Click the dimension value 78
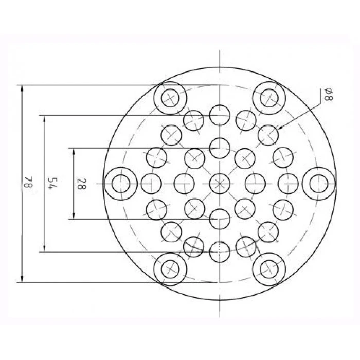[29, 182]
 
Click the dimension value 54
[52, 183]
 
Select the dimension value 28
[81, 184]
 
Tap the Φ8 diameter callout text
[329, 94]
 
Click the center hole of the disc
[220, 184]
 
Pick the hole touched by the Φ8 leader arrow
[268, 135]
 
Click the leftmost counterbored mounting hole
[121, 184]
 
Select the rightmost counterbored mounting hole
[318, 184]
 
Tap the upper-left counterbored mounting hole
[170, 98]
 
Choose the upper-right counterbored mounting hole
[269, 98]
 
